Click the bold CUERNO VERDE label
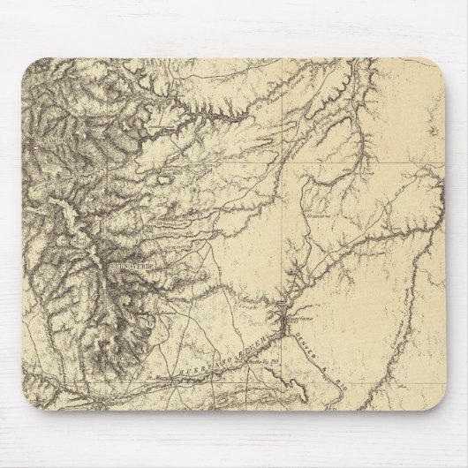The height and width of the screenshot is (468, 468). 133,265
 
